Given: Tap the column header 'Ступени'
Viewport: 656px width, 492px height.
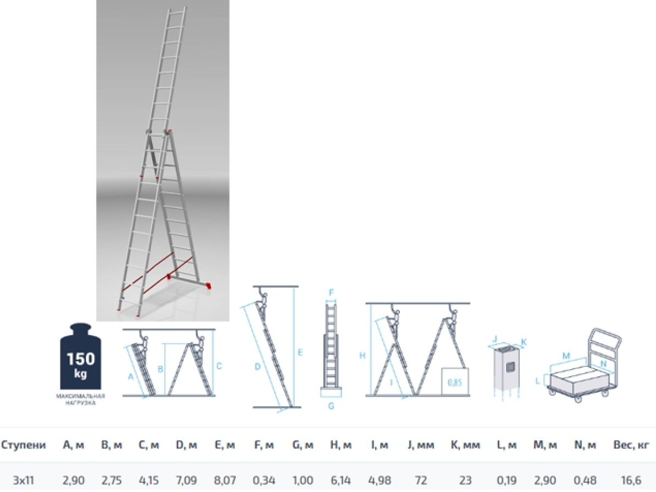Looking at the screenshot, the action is tap(23, 445).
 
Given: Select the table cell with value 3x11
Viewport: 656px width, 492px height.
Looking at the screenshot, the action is tap(23, 480).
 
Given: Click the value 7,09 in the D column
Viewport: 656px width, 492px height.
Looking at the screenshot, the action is tap(186, 480).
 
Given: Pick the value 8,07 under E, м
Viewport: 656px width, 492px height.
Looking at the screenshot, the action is tap(225, 480).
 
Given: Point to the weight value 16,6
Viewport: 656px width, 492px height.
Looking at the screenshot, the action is tap(631, 480).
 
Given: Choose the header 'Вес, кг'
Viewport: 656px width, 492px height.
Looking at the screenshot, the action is tap(631, 445).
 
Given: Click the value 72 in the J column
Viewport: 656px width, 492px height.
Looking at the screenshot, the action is tap(420, 480).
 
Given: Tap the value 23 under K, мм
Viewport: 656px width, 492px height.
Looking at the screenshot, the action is tap(465, 480).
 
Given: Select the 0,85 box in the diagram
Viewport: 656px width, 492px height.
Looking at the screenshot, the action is tap(455, 382).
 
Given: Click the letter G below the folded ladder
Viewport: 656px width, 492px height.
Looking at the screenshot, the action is tap(331, 406).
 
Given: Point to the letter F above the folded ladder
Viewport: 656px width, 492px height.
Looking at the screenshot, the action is tap(332, 293).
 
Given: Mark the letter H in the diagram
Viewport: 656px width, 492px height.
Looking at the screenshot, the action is tap(362, 355).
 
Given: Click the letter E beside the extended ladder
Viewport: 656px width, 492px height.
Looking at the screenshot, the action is tap(300, 353).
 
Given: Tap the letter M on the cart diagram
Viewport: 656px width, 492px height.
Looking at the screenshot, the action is tap(566, 356).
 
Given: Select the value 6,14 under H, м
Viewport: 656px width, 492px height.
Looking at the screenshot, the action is tap(340, 480).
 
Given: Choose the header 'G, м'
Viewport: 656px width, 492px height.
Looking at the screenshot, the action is tap(302, 445).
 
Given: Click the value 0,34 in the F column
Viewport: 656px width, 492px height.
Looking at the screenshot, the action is tap(264, 480).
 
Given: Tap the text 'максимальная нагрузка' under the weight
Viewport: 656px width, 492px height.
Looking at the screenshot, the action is tap(80, 399).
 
